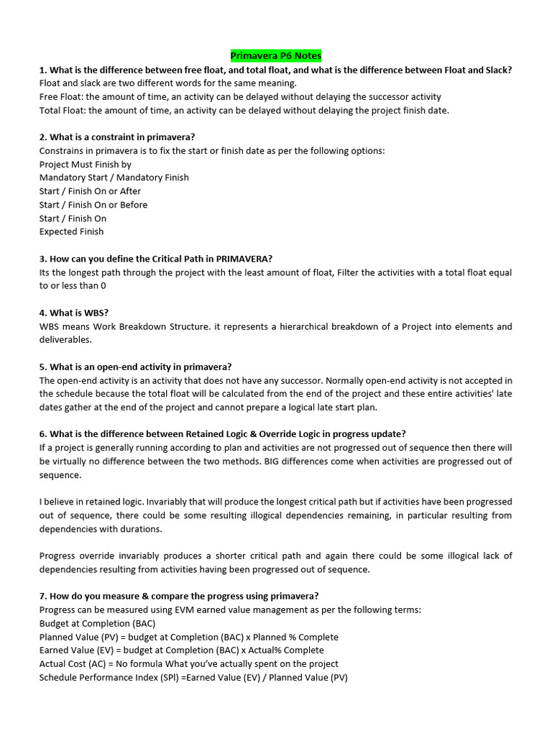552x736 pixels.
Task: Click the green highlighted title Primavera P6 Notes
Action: pyautogui.click(x=275, y=55)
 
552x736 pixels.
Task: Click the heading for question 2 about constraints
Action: pyautogui.click(x=117, y=137)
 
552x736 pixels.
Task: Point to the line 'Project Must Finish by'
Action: pyautogui.click(x=86, y=164)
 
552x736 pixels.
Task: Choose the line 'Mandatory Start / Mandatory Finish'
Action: pyautogui.click(x=114, y=178)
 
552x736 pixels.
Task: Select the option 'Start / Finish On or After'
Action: pyautogui.click(x=90, y=191)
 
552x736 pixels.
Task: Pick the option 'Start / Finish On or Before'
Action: pyautogui.click(x=93, y=205)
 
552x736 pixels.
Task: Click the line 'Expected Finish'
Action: pyautogui.click(x=71, y=231)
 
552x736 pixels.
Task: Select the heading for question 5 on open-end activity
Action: pyautogui.click(x=135, y=367)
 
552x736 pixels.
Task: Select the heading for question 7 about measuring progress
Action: pyautogui.click(x=179, y=596)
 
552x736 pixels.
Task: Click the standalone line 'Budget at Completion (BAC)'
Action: pyautogui.click(x=97, y=623)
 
